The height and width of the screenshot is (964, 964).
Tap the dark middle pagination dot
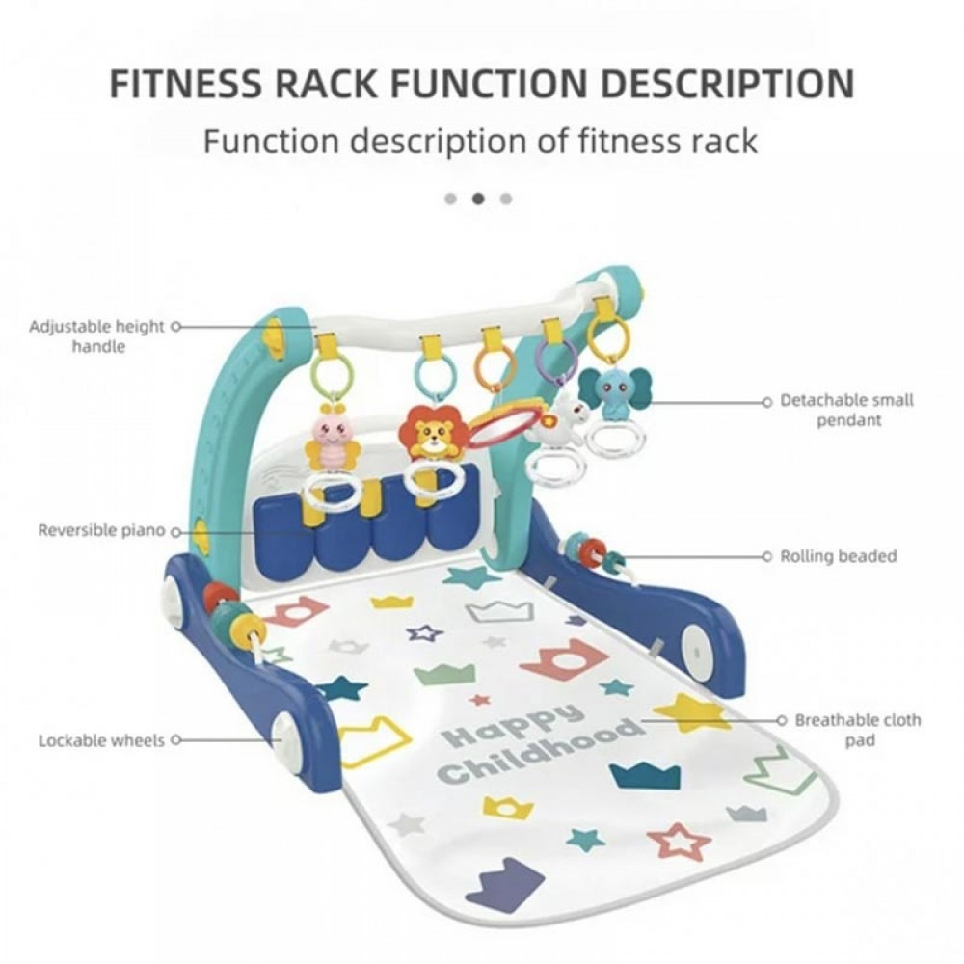tap(478, 199)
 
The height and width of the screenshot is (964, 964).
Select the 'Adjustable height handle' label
tap(96, 335)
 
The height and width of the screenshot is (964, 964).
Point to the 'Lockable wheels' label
tap(101, 741)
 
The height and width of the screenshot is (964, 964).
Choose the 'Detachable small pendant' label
tap(846, 410)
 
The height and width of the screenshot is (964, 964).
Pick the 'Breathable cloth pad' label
tap(856, 730)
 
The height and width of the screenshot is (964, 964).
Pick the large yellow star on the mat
tap(692, 713)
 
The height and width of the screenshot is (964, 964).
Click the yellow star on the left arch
tap(274, 335)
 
